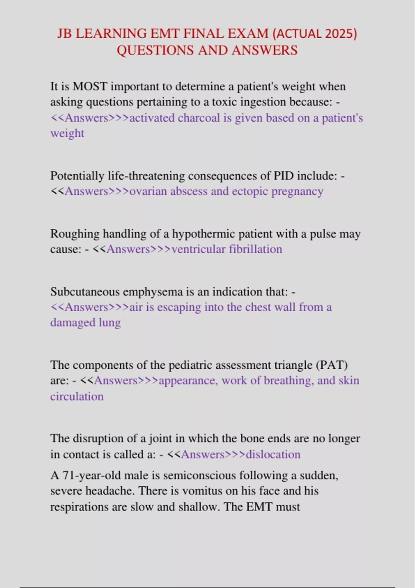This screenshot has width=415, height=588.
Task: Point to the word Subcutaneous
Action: (x=85, y=292)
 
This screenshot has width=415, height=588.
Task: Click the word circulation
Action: (x=77, y=396)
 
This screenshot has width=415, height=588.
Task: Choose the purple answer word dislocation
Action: (x=273, y=454)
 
